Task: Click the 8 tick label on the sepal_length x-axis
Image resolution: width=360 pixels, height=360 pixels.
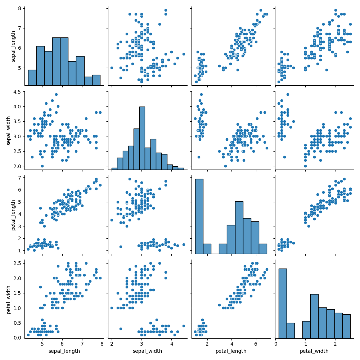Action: tap(102, 345)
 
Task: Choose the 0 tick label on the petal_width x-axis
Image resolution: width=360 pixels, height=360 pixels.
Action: tap(275, 345)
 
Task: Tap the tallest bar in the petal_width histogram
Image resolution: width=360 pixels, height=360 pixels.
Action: tap(283, 302)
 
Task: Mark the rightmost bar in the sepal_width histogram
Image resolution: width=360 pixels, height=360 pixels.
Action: tap(180, 168)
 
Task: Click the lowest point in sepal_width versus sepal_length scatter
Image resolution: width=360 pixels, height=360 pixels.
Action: tap(42, 166)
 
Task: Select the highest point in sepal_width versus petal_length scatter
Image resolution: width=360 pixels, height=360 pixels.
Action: tap(201, 95)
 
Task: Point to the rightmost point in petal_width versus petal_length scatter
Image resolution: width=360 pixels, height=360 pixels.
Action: tap(267, 269)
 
